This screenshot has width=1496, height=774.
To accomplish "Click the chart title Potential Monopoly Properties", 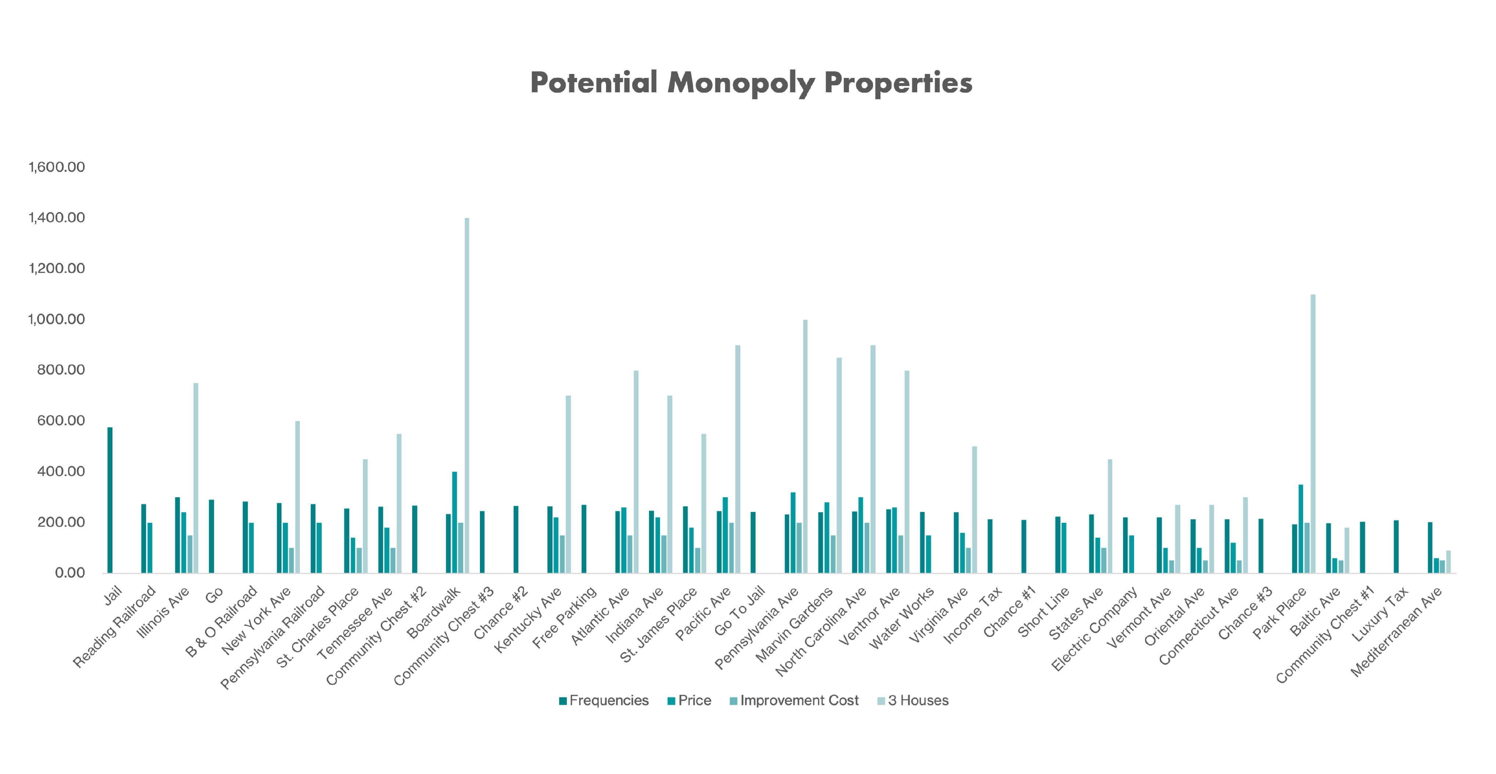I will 751,83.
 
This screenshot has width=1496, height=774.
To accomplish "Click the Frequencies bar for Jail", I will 110,500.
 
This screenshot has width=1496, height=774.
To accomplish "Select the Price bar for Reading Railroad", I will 150,547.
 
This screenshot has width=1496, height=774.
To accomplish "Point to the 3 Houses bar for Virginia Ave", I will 975,510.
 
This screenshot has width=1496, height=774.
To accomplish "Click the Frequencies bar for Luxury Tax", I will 1396,546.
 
